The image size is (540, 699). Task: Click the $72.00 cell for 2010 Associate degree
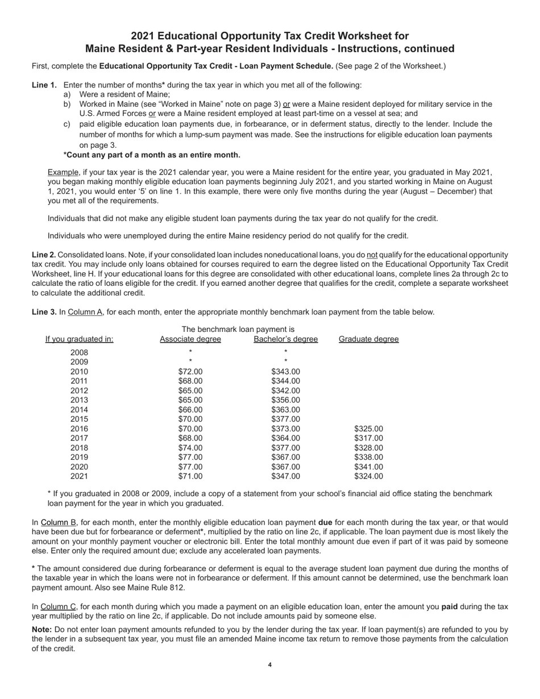tap(190, 372)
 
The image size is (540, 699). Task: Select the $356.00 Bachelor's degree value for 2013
tap(285, 400)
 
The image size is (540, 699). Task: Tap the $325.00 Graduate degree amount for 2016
tap(368, 428)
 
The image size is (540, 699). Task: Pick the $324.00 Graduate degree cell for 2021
tap(368, 476)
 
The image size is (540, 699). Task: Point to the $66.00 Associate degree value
tap(190, 410)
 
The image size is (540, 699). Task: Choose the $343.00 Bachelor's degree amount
tap(285, 372)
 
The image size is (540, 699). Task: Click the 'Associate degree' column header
tap(190, 339)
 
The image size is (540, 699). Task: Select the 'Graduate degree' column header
tap(368, 339)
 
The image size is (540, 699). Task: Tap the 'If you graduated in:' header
tap(79, 339)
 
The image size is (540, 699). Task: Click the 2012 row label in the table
tap(79, 390)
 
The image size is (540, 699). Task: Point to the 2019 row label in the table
tap(79, 457)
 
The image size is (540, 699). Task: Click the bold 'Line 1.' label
tap(44, 85)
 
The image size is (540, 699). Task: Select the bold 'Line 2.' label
tap(44, 255)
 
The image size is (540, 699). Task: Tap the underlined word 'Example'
tap(63, 172)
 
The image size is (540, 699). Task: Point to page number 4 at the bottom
tap(270, 665)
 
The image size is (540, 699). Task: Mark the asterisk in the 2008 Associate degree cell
tap(190, 352)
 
